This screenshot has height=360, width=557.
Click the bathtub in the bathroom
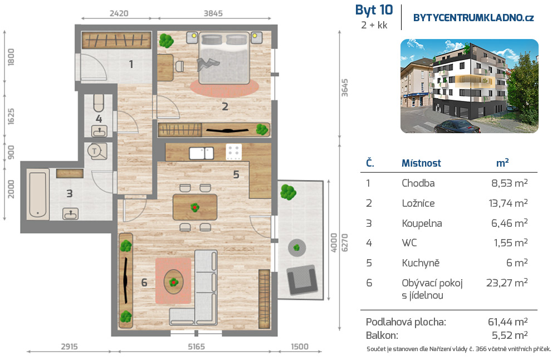coord(38,194)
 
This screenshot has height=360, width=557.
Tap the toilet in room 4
coord(99,103)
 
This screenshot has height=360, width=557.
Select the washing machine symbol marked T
coord(96,152)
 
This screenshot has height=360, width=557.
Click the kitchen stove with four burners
coord(234,152)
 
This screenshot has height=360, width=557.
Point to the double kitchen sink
coord(202,153)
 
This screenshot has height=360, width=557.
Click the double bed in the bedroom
coord(224,58)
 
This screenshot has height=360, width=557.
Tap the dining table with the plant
coord(194,207)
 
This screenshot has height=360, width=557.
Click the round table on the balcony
coord(297,247)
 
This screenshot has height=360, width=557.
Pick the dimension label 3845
coord(213,13)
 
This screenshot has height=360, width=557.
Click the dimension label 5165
coord(197,347)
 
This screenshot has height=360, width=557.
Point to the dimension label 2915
coord(69,347)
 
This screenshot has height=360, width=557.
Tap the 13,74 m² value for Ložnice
coord(508,203)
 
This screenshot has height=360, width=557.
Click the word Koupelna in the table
coord(422,223)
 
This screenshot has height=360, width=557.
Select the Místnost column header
coord(421,163)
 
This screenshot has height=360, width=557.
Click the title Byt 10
coord(374,10)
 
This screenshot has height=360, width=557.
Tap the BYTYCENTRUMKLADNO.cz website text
coord(473,18)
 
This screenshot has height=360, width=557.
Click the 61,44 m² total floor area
coord(507,322)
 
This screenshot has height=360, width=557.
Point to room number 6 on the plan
coord(144,283)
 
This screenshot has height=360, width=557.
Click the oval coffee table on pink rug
coord(173,282)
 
